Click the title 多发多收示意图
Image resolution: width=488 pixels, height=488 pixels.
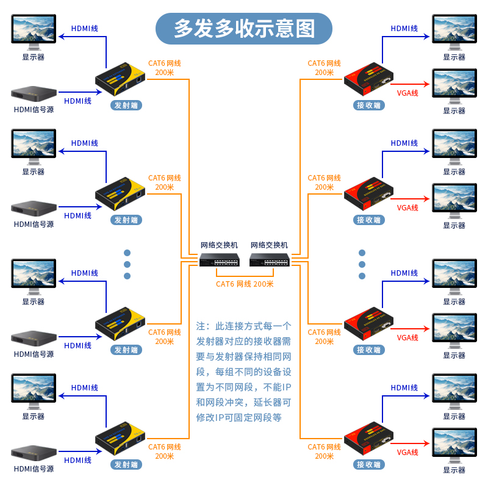pyautogui.click(x=244, y=28)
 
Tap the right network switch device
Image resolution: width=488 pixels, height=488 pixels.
pyautogui.click(x=269, y=260)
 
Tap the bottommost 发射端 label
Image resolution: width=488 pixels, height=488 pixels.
pyautogui.click(x=126, y=464)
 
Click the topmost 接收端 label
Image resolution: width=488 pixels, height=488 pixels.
pyautogui.click(x=368, y=105)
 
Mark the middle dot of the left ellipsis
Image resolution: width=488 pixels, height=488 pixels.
pyautogui.click(x=127, y=264)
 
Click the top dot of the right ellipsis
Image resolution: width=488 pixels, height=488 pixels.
pyautogui.click(x=362, y=253)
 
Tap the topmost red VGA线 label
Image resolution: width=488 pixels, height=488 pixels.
pyautogui.click(x=407, y=93)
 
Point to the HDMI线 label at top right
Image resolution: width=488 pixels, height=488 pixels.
pyautogui.click(x=404, y=28)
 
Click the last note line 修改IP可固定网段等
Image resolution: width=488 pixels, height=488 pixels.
pyautogui.click(x=239, y=418)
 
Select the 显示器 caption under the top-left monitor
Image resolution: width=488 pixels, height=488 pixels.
pyautogui.click(x=34, y=57)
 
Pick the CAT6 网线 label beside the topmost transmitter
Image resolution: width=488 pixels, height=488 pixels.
pyautogui.click(x=165, y=63)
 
